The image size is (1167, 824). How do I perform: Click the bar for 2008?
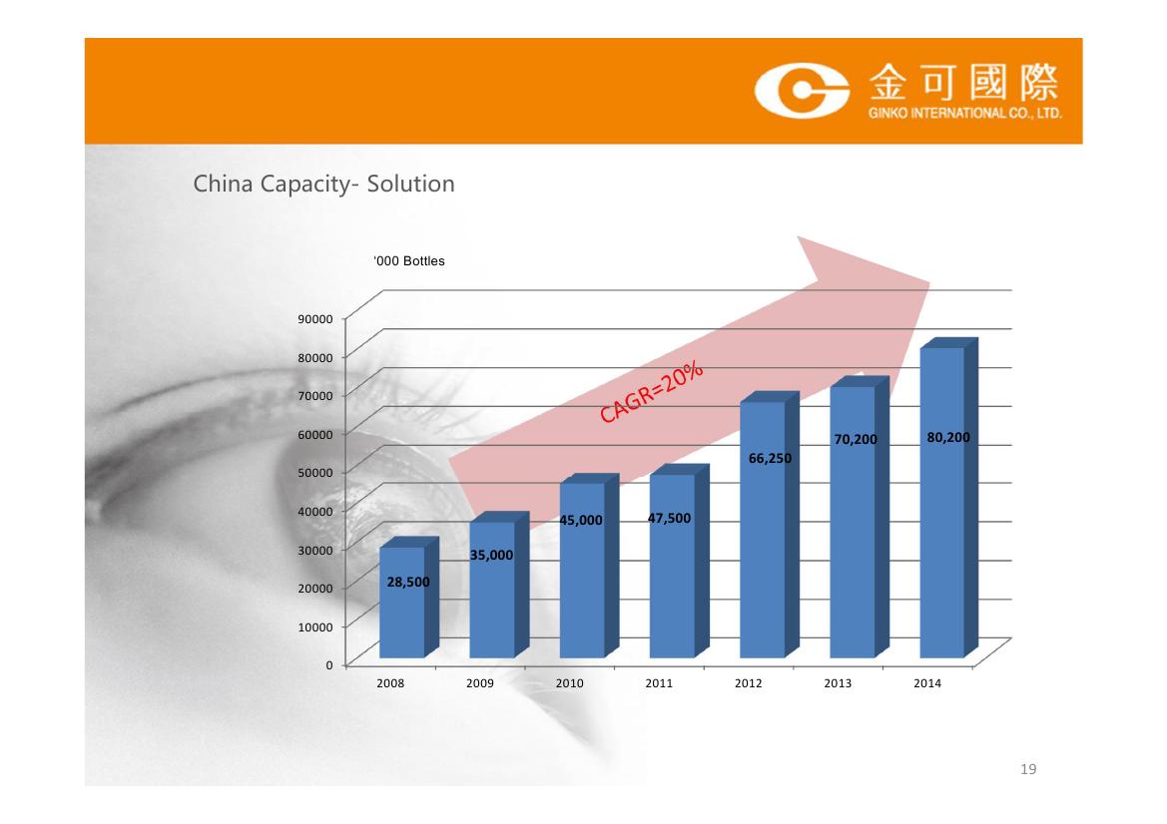point(408,598)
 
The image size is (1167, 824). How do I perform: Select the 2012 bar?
point(769,525)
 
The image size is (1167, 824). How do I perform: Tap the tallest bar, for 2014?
point(949,498)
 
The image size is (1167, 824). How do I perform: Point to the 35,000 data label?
point(491,555)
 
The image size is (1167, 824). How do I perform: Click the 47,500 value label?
point(669,519)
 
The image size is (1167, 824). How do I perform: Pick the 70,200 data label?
point(856,440)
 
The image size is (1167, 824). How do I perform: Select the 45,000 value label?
point(581,521)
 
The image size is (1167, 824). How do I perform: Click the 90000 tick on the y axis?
point(315,319)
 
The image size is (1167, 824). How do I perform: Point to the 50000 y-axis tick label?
point(315,472)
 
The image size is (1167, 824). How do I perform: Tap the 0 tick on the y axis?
point(329,664)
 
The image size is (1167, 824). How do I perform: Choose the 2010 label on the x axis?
point(569,683)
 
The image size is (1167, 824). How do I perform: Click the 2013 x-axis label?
point(838,683)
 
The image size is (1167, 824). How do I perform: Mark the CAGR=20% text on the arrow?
point(651,392)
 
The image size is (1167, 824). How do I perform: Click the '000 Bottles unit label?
point(409,261)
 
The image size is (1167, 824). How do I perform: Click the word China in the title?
point(224,184)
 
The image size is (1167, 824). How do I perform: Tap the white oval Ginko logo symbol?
point(802,91)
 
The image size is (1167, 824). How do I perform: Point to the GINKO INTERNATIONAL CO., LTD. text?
point(964,113)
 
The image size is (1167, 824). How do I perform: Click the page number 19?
point(1028,769)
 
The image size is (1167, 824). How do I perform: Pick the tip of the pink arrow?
point(930,282)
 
